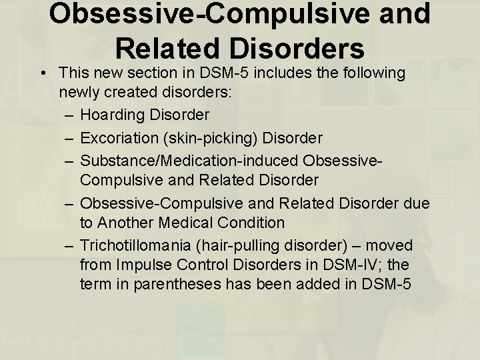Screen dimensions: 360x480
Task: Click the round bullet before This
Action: (42, 72)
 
